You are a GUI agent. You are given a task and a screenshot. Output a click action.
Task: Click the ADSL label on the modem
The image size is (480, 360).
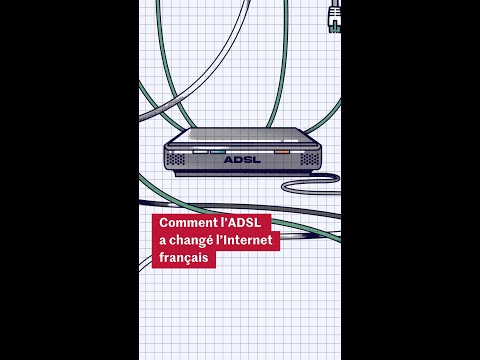tap(242, 158)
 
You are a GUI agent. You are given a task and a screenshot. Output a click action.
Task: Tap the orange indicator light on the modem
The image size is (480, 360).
tap(282, 152)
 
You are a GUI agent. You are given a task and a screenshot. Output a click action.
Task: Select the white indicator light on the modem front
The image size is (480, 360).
tap(201, 152)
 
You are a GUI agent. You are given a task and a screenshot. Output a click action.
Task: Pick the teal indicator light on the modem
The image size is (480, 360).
tap(217, 152)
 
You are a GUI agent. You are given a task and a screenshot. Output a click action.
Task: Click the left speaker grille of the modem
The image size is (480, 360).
tap(176, 158)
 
